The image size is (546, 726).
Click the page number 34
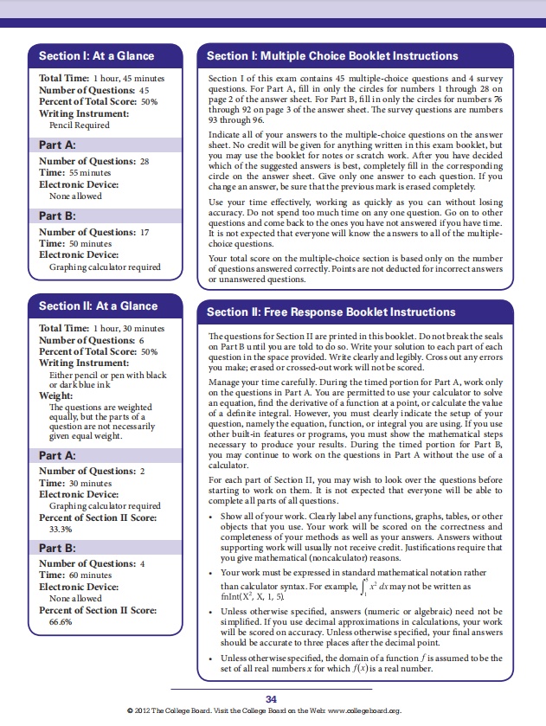click(x=272, y=698)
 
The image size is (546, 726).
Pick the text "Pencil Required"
click(x=80, y=125)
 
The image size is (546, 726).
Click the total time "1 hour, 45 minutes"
click(x=126, y=79)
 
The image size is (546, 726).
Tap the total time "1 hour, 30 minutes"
click(x=126, y=329)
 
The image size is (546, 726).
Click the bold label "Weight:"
click(x=56, y=395)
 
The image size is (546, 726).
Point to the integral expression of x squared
click(x=394, y=588)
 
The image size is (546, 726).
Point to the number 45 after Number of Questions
click(x=145, y=90)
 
